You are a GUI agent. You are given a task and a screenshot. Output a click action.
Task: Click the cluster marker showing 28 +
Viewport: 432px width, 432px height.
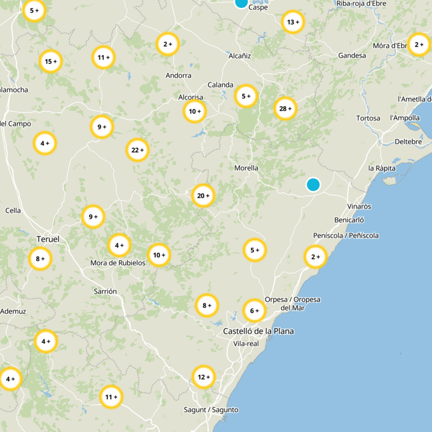point(285,109)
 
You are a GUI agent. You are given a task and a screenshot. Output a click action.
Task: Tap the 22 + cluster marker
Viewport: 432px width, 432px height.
point(138,150)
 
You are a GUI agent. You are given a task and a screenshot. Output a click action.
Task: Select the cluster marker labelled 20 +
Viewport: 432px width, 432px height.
point(204,195)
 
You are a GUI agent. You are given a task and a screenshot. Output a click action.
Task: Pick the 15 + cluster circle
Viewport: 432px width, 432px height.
point(51,62)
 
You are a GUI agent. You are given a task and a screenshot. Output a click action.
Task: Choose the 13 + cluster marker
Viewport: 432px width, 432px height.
point(293,22)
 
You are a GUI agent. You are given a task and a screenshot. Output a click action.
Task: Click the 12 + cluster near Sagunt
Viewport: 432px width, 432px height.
point(204,377)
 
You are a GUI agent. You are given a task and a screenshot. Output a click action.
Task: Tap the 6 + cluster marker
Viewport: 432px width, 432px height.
point(254,310)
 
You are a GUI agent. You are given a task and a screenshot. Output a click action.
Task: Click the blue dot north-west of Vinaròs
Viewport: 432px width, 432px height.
point(313,185)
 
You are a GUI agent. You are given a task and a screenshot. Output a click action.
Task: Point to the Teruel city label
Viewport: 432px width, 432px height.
point(48,239)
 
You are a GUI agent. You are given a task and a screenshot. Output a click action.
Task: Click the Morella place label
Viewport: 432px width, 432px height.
point(246,168)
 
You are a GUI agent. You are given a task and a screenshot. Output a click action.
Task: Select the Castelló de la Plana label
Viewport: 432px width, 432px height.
point(259,331)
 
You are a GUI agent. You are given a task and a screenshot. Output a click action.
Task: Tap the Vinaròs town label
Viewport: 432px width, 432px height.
point(360,206)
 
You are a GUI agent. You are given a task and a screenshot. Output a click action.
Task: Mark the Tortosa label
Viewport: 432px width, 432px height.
point(368,118)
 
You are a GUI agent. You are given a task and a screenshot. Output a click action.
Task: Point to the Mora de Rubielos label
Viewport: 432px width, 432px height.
point(118,263)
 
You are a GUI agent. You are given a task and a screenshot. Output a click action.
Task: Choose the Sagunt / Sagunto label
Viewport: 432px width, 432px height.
point(211,410)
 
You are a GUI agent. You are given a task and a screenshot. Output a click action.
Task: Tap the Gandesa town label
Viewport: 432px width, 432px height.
point(352,56)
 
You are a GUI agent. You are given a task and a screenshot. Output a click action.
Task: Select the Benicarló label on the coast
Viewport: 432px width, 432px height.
point(349,220)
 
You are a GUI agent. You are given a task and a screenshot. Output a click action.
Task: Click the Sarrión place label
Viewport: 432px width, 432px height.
point(105,291)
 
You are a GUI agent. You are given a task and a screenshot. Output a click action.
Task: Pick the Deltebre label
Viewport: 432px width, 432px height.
point(412,141)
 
